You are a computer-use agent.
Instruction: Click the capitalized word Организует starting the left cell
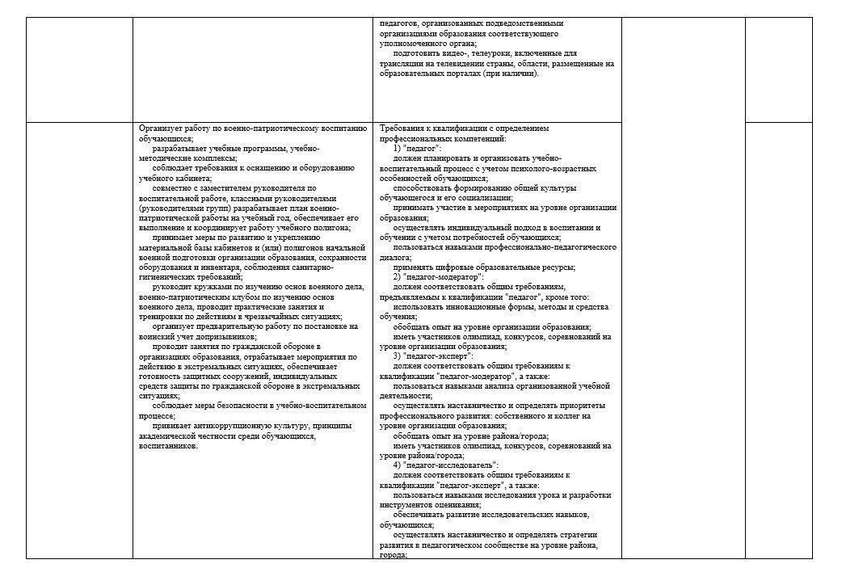(x=158, y=128)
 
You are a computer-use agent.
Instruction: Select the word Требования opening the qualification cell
(x=402, y=128)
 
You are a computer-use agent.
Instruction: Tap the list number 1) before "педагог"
(x=398, y=149)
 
